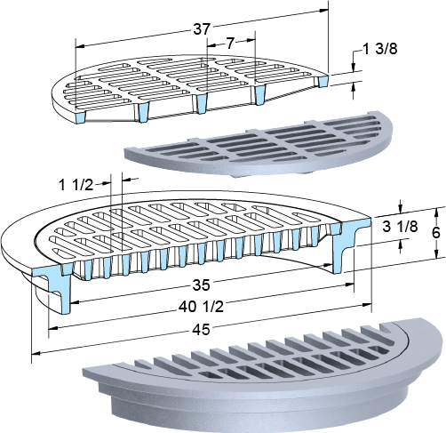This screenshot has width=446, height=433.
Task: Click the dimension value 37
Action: click(202, 29)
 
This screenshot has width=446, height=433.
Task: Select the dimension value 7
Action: click(231, 44)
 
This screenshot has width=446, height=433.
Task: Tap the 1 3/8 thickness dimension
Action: click(380, 49)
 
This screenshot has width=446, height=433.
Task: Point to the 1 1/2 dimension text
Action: click(76, 186)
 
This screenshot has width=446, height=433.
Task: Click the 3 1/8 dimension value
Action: click(400, 227)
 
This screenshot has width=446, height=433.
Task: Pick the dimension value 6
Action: click(435, 233)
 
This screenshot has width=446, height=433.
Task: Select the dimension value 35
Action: click(202, 285)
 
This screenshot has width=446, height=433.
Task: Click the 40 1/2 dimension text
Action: click(202, 307)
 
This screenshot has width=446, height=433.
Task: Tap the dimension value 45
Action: click(202, 330)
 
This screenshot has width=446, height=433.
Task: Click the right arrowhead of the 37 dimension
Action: click(324, 11)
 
